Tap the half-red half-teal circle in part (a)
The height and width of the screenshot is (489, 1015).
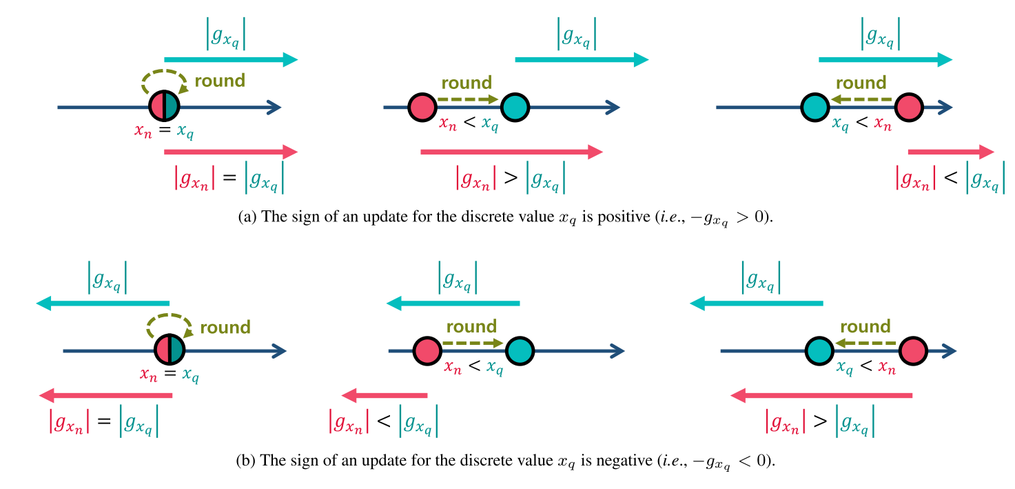[x=164, y=106]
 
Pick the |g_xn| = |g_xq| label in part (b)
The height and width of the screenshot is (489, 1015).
[x=103, y=421]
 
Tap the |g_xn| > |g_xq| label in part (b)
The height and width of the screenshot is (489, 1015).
[x=820, y=421]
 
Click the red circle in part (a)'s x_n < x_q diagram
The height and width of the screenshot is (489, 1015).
[x=422, y=107]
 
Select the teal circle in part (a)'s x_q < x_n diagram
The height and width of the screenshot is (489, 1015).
[x=816, y=107]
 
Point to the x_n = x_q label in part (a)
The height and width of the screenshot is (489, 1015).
[x=164, y=130]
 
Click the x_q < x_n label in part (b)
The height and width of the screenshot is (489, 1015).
[x=865, y=368]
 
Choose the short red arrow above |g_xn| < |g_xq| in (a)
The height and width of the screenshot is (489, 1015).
[x=951, y=152]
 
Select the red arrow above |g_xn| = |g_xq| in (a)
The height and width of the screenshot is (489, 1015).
[x=231, y=152]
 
